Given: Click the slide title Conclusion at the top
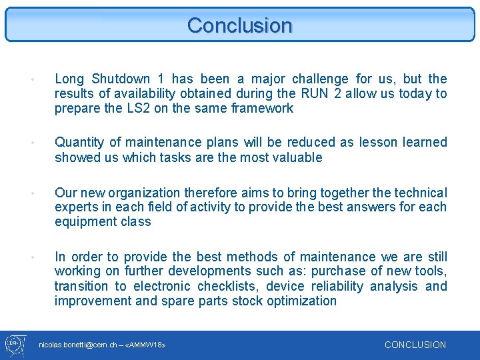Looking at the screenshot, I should coord(240,25).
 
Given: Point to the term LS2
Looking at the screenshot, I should coord(136,109).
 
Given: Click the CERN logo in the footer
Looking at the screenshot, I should coord(15,345).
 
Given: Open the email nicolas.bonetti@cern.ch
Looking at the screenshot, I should coord(75,345).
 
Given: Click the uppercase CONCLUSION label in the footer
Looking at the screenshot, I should coord(415,345).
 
